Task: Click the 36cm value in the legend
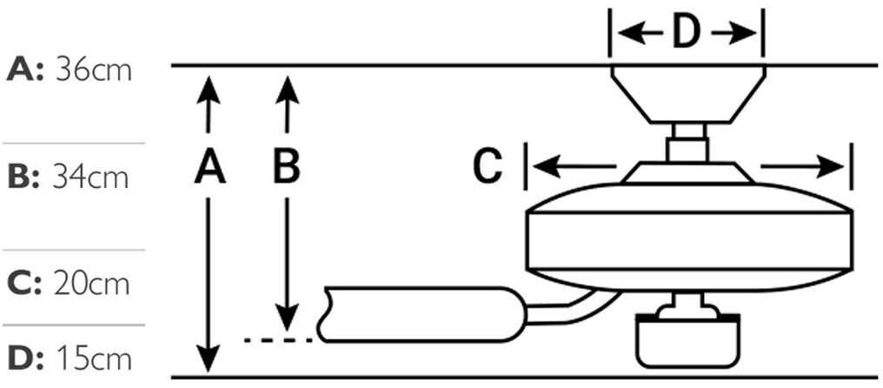pos(94,71)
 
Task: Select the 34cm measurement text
pos(91,177)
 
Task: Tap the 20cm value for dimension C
pos(92,285)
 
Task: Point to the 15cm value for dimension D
pos(94,358)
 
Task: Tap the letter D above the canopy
pos(687,34)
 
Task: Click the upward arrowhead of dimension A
pos(209,89)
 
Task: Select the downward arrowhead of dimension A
pos(209,358)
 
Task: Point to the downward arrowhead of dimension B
pos(287,317)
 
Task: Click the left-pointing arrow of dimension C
pos(574,167)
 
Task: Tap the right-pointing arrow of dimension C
pos(803,167)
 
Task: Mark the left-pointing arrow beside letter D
pos(640,34)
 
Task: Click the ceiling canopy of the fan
pos(687,95)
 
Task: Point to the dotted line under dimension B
pos(278,340)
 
